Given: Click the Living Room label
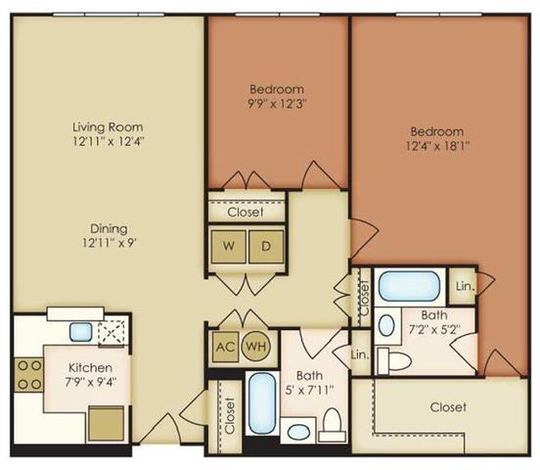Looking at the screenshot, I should (x=108, y=126).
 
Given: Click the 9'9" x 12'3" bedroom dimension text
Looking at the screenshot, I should (x=277, y=98).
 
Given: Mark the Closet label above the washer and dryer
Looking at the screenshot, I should (x=246, y=211).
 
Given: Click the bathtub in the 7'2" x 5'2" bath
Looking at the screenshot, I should (x=410, y=286).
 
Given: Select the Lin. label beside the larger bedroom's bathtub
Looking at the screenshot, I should (x=465, y=286).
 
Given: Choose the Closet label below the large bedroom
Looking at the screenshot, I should (x=447, y=406).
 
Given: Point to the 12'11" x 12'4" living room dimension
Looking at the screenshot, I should (x=108, y=143).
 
